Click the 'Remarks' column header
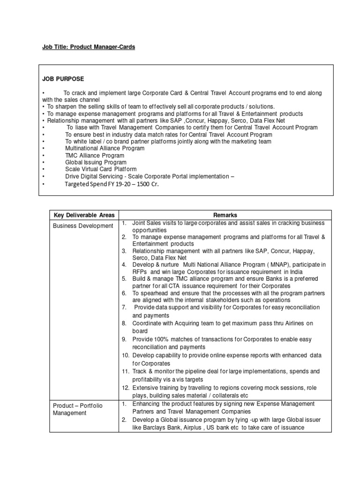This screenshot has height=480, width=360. pos(224,215)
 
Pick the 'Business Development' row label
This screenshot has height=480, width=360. pos(82,225)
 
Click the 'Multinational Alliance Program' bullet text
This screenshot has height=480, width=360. pos(105,148)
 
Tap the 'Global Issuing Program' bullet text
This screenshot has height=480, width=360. pos(96,162)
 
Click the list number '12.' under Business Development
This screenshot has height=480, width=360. pos(125,388)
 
